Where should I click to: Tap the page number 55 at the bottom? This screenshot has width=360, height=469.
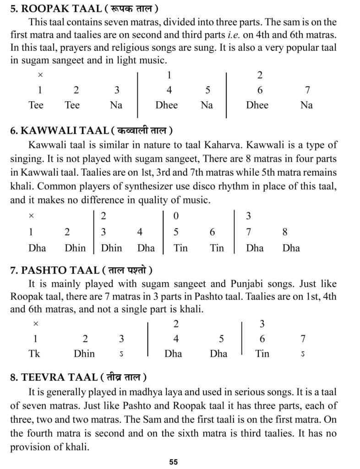tap(173, 462)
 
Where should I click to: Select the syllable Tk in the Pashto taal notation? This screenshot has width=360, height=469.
tap(34, 353)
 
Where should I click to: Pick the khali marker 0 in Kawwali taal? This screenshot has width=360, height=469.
tap(176, 215)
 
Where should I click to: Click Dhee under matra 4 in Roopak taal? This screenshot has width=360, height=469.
tap(166, 105)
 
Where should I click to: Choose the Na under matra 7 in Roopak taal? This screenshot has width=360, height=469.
tap(306, 105)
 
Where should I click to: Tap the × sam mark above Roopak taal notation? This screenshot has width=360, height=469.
tap(40, 76)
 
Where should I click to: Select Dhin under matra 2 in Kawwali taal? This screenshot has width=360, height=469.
tap(75, 248)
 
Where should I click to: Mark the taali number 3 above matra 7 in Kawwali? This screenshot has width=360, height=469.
tap(248, 215)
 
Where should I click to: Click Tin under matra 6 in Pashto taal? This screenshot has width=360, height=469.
tap(262, 353)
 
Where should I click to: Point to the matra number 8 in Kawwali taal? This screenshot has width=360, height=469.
tap(285, 232)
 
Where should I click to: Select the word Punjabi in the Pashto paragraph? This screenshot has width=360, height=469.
tap(208, 283)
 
